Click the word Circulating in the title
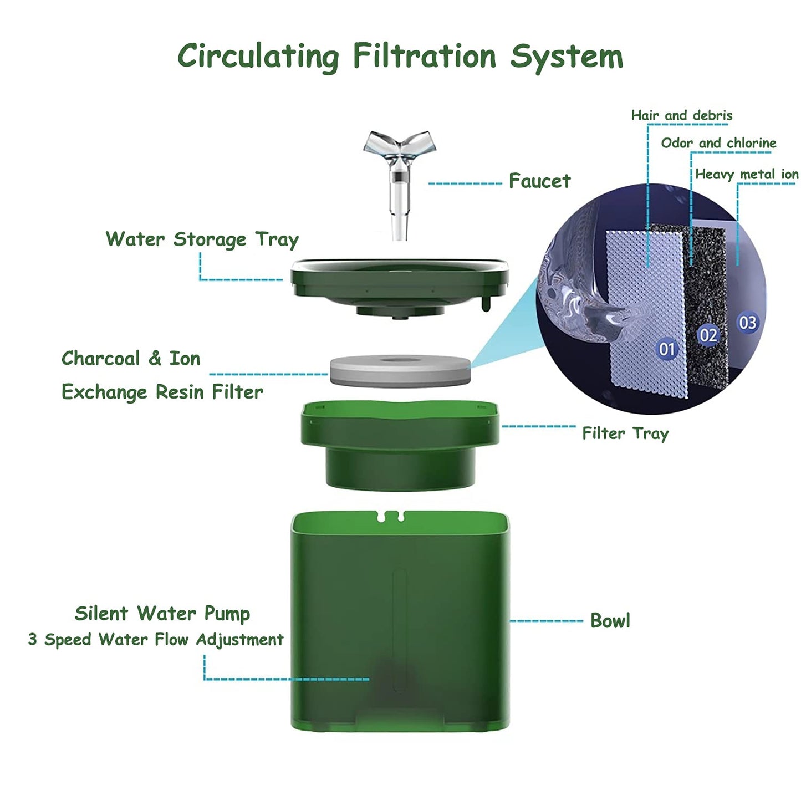(x=258, y=57)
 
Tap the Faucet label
(x=539, y=181)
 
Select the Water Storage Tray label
(x=202, y=240)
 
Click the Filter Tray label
(x=625, y=434)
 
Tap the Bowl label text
(x=610, y=621)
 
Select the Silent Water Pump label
(x=162, y=614)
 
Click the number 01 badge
(x=667, y=349)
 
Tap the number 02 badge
(x=708, y=335)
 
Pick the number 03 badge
(x=747, y=323)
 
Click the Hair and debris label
(x=682, y=115)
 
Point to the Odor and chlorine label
(x=719, y=143)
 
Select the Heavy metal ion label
(x=747, y=174)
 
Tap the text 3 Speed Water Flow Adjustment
(x=156, y=639)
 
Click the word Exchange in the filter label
(x=104, y=392)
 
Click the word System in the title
(x=567, y=57)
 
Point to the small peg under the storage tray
(x=486, y=303)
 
